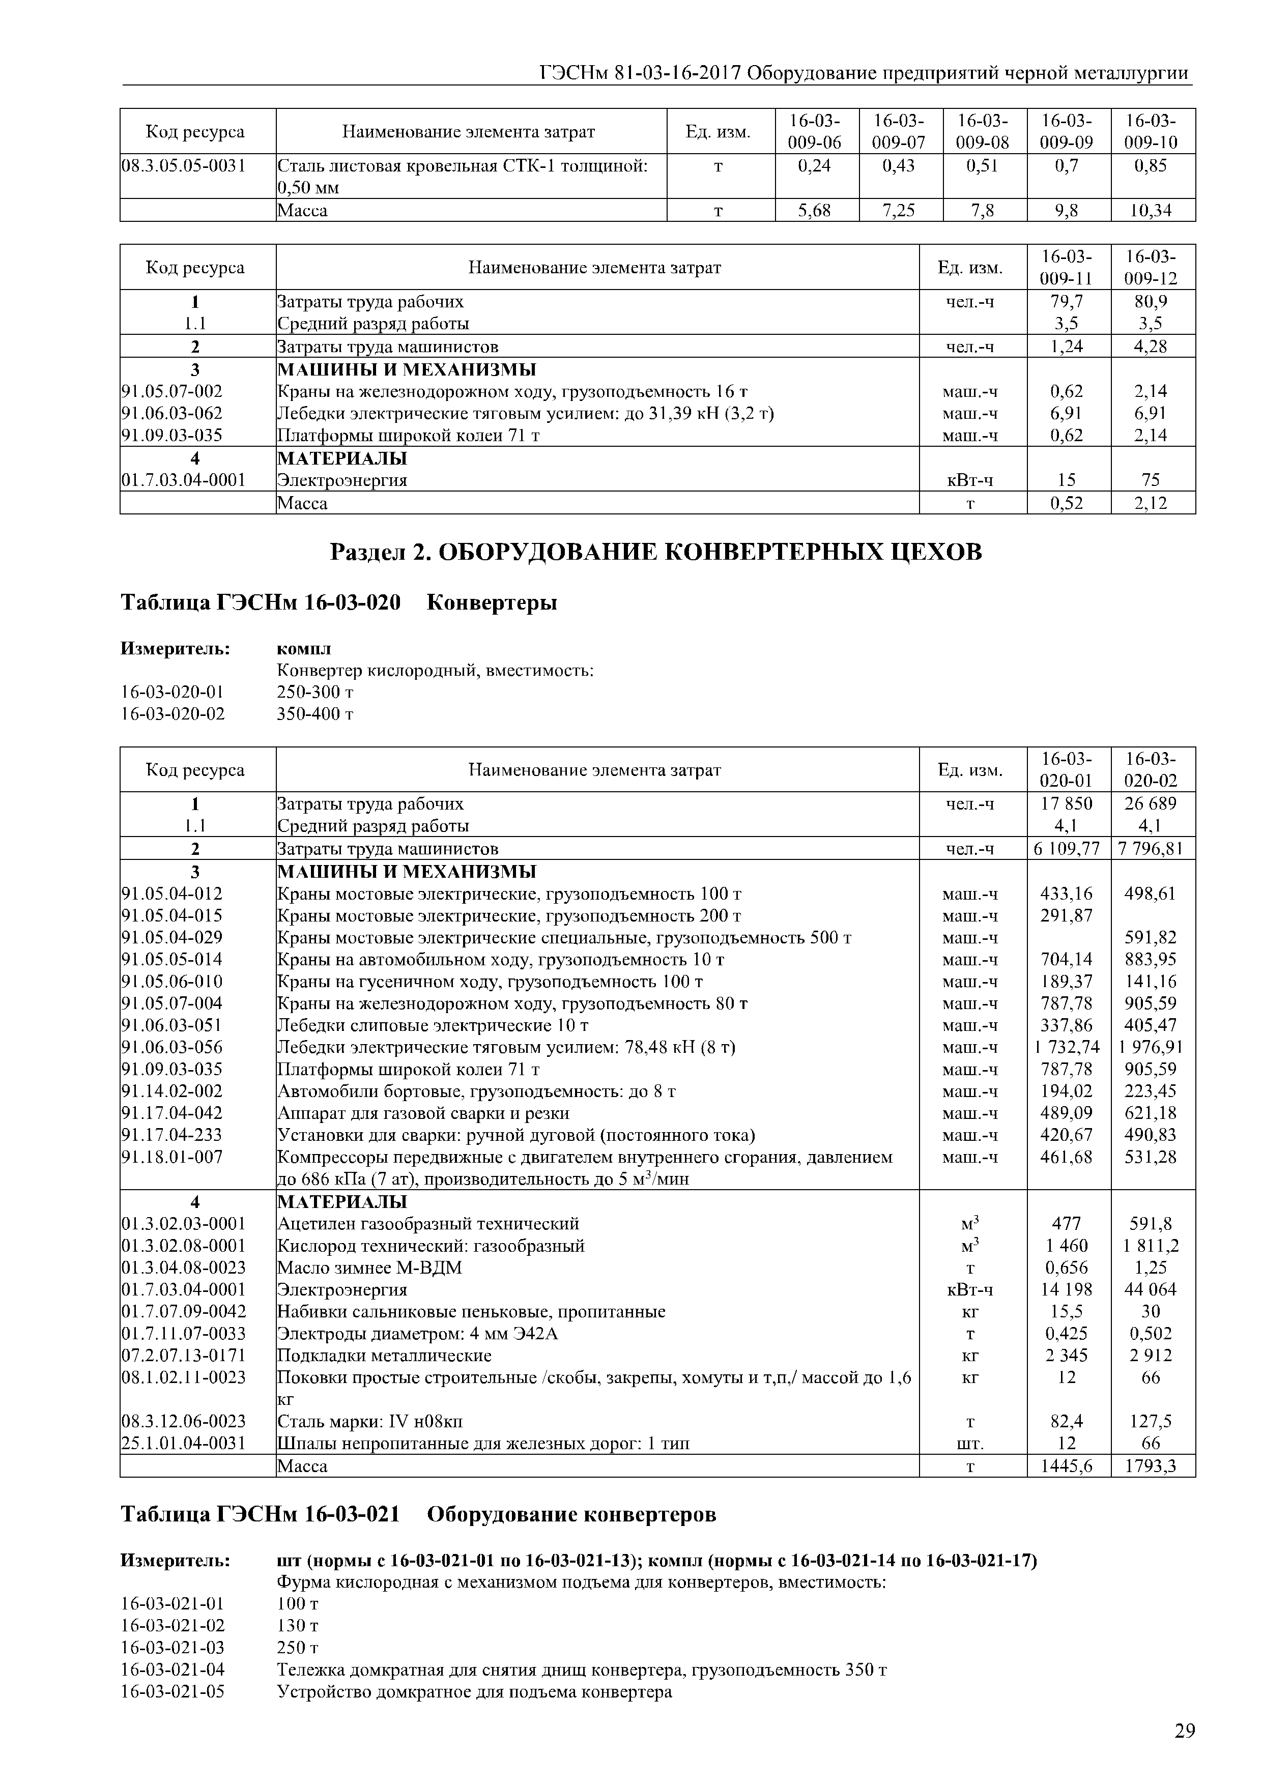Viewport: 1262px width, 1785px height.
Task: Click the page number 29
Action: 1184,1731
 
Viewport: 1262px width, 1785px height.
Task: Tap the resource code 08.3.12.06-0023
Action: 184,1421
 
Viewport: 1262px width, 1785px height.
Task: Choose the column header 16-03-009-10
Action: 1152,131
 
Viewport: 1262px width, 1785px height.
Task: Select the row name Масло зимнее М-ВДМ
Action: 369,1268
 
